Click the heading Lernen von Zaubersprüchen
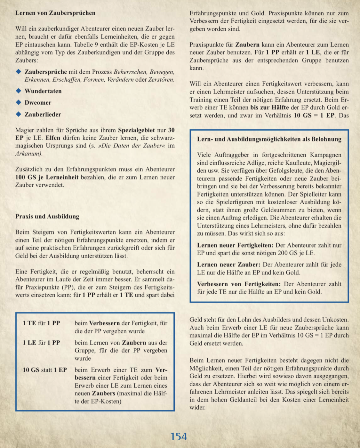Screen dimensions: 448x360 pos(55,13)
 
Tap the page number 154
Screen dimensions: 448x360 pos(179,436)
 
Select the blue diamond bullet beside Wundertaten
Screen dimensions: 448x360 pos(19,91)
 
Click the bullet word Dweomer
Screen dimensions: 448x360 pos(38,103)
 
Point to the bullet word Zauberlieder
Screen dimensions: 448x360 pos(43,114)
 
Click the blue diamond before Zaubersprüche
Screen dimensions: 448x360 pos(19,71)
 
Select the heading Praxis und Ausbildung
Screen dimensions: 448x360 pos(47,216)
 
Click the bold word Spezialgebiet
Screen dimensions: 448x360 pos(136,130)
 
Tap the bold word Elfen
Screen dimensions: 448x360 pos(53,138)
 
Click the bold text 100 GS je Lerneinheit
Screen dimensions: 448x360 pos(47,177)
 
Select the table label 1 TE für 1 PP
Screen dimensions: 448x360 pos(41,323)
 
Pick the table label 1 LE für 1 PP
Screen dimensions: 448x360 pos(41,343)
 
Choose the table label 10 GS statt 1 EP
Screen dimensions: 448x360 pos(44,370)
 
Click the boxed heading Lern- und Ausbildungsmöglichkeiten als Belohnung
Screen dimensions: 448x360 pos(269,139)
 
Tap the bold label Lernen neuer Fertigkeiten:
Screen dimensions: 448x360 pos(235,245)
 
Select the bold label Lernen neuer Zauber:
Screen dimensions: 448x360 pos(228,265)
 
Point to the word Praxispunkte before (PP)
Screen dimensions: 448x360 pos(40,287)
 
